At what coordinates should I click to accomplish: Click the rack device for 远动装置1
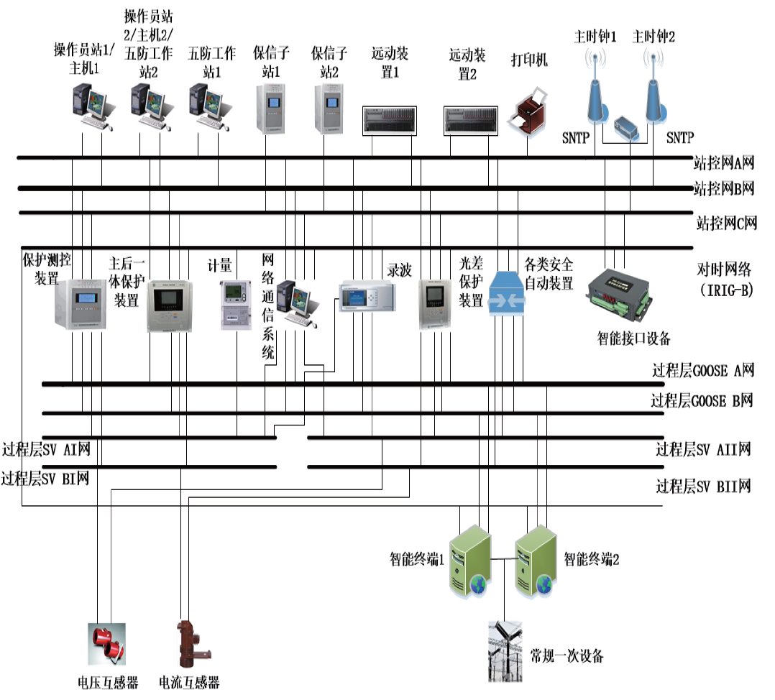tap(391, 120)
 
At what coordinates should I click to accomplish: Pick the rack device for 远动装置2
tap(471, 120)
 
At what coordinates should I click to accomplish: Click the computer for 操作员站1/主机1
tap(92, 108)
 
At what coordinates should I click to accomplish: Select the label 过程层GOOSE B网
tap(702, 400)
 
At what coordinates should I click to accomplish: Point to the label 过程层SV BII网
tap(703, 487)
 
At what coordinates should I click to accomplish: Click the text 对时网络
tap(724, 270)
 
